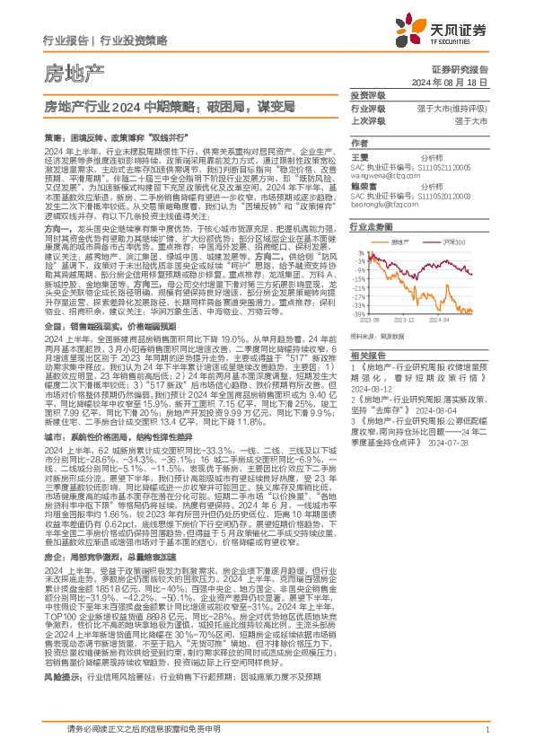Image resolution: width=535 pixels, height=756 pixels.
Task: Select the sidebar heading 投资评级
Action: [367, 95]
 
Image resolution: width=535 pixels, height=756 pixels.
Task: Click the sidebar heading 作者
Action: [359, 144]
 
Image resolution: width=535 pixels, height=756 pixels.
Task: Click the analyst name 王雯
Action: [359, 156]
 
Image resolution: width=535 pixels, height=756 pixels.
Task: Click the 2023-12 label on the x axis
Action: [405, 344]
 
